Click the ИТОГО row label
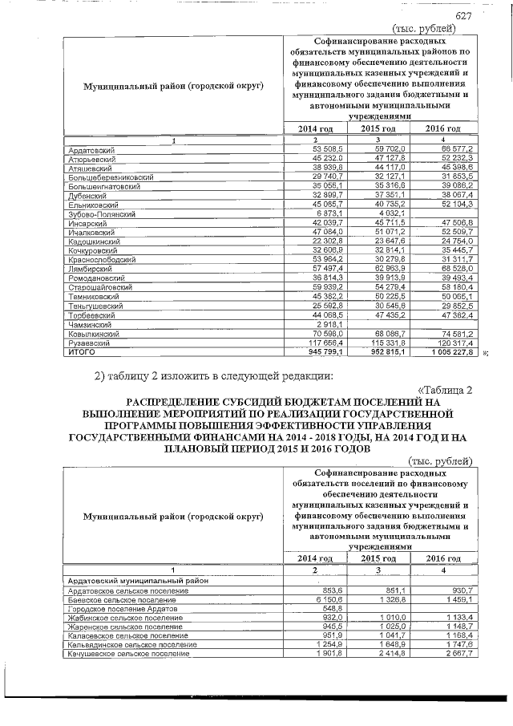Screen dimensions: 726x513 (81, 351)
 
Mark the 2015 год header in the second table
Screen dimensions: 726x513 (378, 558)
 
